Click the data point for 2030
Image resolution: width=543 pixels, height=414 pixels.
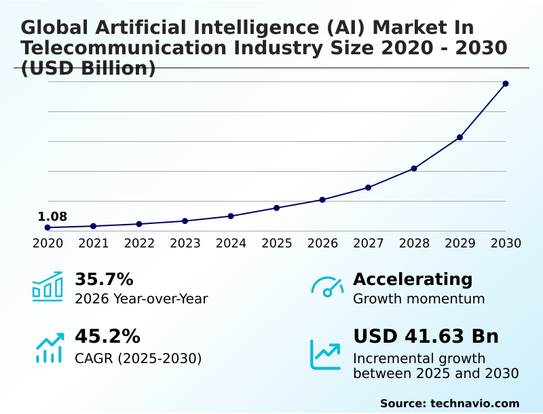[506, 83]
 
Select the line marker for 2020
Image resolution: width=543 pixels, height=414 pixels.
[48, 227]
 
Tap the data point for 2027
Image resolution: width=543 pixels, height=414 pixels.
[368, 187]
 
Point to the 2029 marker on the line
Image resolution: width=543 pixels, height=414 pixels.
[460, 137]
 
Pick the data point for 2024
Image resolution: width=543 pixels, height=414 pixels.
[231, 216]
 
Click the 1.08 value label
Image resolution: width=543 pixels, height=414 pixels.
[52, 217]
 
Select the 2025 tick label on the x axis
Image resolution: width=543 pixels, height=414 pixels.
[277, 243]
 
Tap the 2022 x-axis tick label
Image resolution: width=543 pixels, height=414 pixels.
[139, 243]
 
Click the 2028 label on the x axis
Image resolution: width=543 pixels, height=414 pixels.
[414, 243]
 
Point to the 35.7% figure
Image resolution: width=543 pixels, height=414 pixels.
[104, 280]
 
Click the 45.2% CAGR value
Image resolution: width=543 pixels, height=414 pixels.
[107, 337]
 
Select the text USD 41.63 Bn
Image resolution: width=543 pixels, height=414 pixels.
[426, 337]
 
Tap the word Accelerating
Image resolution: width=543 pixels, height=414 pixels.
[413, 279]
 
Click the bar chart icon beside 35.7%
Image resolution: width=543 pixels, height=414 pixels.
[48, 286]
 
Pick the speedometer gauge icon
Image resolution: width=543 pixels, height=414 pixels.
[327, 286]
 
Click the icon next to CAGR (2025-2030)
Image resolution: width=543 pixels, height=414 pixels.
[49, 348]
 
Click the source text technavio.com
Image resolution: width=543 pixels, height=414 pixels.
[474, 403]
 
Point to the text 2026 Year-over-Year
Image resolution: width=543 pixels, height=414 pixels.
[141, 299]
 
